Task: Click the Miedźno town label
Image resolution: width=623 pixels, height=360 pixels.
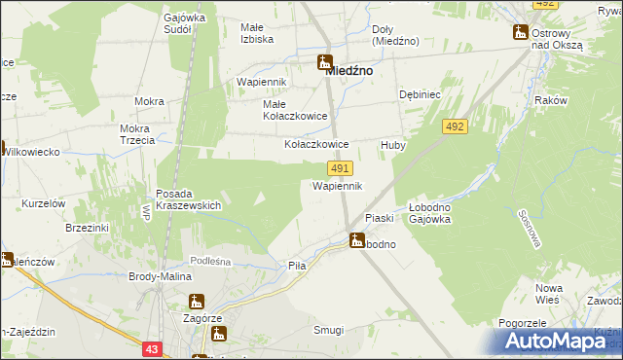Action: click(351, 71)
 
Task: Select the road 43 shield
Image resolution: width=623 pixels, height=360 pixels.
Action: click(151, 348)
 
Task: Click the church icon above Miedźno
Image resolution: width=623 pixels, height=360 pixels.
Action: click(324, 62)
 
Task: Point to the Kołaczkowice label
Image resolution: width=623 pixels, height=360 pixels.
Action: click(315, 143)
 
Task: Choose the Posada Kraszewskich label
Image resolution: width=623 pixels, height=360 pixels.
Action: click(189, 199)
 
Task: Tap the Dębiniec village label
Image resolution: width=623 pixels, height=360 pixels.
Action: click(421, 94)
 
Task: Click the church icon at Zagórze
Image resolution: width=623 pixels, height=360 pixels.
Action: click(197, 302)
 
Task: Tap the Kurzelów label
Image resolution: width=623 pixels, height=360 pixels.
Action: click(44, 202)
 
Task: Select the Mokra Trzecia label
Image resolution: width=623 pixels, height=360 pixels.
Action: click(137, 134)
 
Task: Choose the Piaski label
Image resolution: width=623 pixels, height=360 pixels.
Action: click(378, 219)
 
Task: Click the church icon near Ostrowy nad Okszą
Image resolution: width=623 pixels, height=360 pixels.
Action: click(520, 32)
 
